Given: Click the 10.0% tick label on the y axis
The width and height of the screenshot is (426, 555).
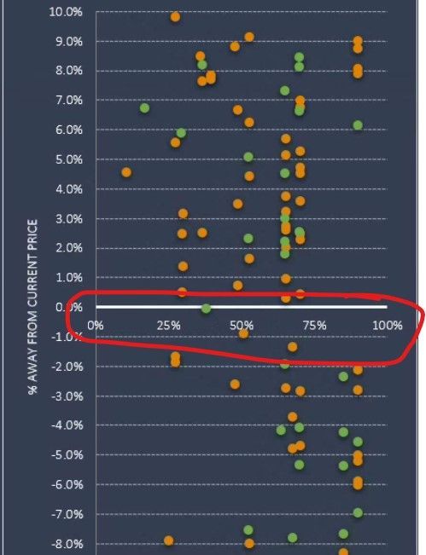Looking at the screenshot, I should point(67,12).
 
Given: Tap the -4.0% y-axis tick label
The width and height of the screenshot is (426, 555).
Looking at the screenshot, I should point(68,425).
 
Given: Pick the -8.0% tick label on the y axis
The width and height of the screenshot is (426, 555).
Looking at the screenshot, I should point(68,544).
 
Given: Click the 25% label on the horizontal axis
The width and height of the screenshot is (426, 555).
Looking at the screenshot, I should point(170,325).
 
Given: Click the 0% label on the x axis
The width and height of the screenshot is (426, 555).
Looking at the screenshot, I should point(96,325).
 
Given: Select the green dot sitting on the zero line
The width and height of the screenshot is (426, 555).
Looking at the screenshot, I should point(206,309).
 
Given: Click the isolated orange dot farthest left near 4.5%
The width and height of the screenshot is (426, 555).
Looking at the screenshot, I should point(126,172).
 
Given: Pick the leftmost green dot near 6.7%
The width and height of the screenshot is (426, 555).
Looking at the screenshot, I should point(144,108).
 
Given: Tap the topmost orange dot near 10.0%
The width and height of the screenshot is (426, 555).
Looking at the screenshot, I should point(175,16).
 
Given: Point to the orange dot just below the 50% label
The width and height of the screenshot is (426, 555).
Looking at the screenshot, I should point(243,333).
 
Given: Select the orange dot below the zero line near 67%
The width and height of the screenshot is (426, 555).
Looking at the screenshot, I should point(292,347).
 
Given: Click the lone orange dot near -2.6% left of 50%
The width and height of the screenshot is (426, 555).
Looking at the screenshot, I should point(235,384).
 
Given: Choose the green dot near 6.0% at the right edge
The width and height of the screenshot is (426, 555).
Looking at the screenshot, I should point(358,125).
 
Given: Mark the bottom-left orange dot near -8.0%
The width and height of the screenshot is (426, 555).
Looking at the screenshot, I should point(169,541).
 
